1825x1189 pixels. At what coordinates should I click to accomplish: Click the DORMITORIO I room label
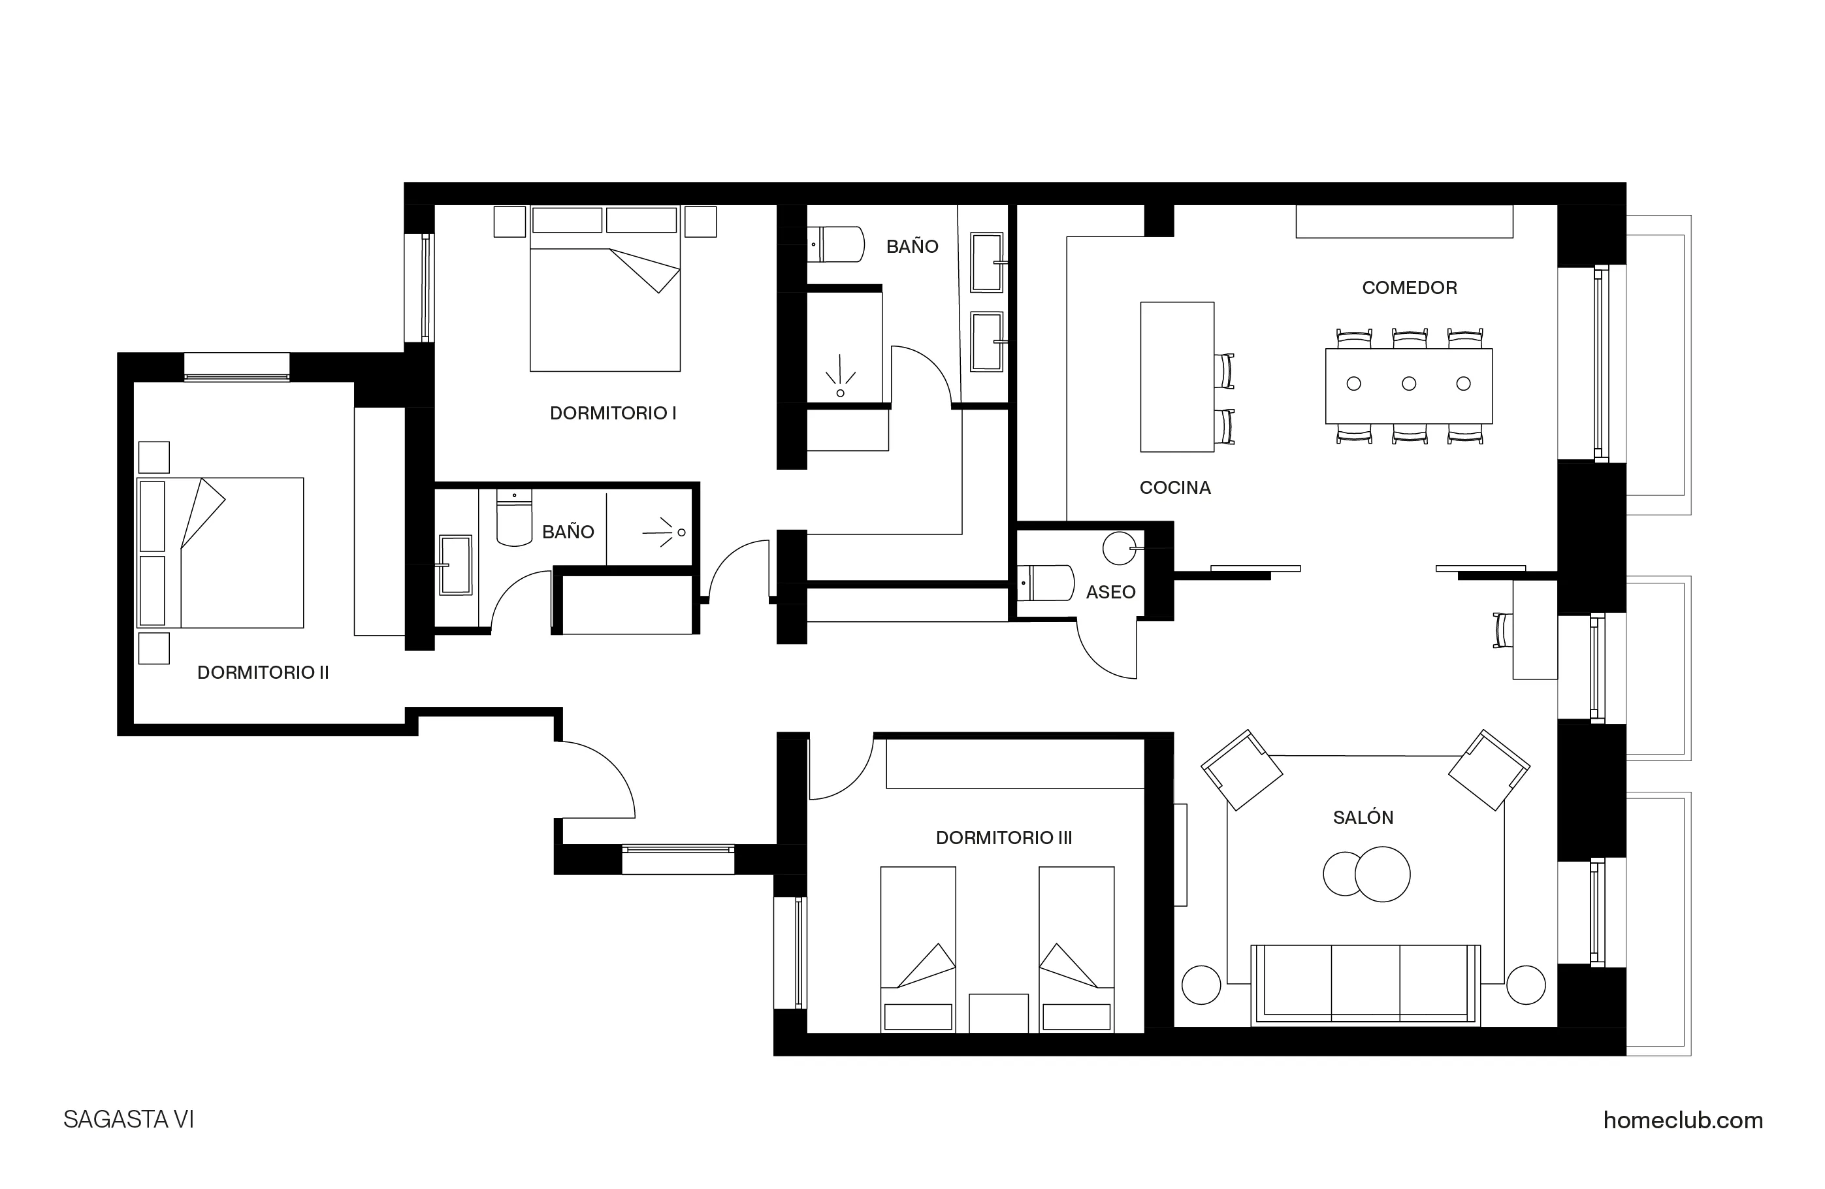click(613, 414)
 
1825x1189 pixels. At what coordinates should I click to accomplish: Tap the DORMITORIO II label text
click(263, 673)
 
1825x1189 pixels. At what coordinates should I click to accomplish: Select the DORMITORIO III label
click(1004, 838)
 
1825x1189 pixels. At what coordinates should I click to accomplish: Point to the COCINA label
click(1174, 488)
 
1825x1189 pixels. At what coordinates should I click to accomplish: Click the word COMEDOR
click(1410, 287)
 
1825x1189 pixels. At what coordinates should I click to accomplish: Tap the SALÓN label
click(1363, 818)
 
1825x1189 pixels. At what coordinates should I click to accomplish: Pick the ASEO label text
click(1110, 592)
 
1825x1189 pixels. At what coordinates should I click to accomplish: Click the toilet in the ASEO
click(1046, 583)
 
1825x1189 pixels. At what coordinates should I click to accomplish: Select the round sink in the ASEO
click(1118, 547)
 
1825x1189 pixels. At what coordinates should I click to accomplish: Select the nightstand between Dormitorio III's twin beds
click(998, 1013)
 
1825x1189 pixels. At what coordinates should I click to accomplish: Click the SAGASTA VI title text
click(129, 1120)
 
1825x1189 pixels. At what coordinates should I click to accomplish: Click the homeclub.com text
click(1683, 1120)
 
